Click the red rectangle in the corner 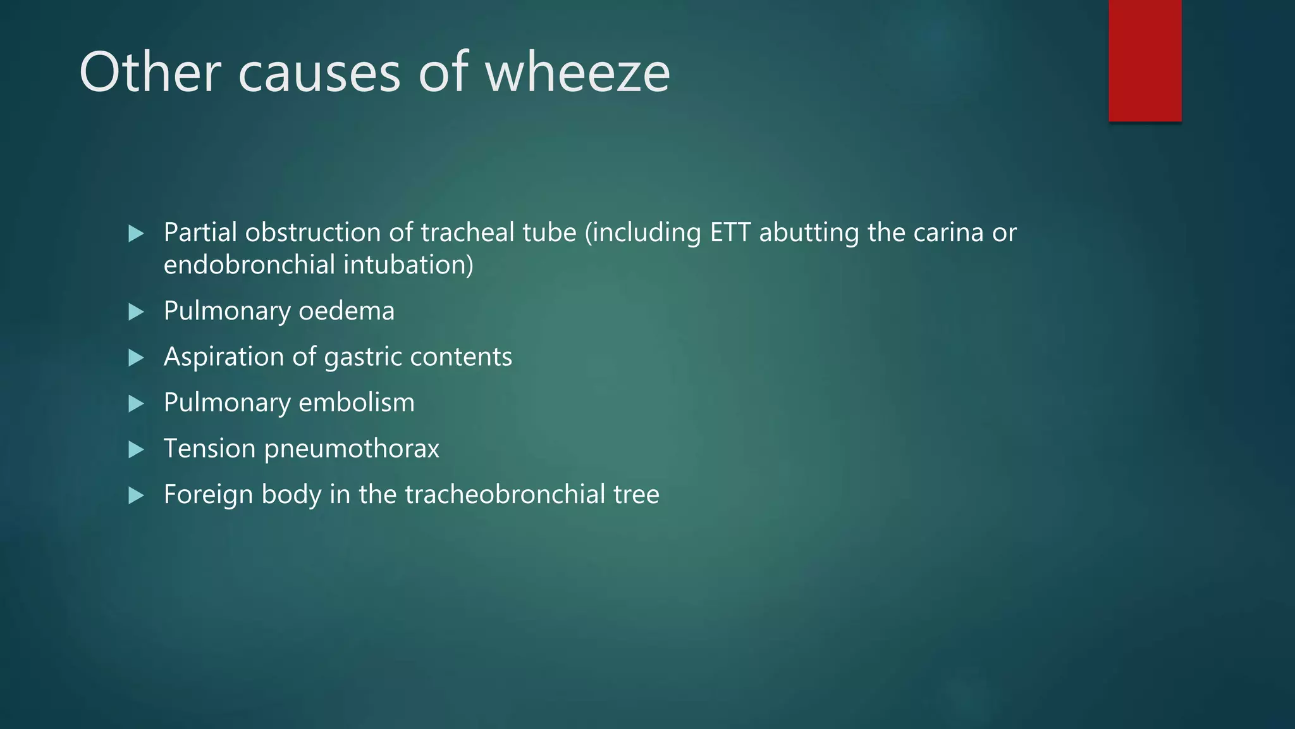click(x=1145, y=61)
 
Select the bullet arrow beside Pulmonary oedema click(x=136, y=311)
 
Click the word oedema click(x=347, y=311)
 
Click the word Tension click(x=209, y=449)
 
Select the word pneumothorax click(x=352, y=449)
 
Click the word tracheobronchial click(x=505, y=494)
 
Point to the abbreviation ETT click(x=730, y=232)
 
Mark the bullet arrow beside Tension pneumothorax click(x=136, y=449)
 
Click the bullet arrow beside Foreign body click(x=136, y=495)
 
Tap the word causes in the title click(x=319, y=73)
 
